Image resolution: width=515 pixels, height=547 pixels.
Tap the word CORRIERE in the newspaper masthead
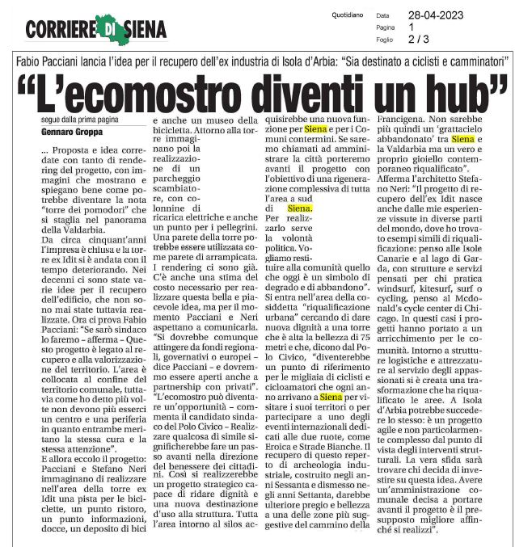click(x=61, y=30)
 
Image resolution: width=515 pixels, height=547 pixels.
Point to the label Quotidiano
click(x=349, y=15)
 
